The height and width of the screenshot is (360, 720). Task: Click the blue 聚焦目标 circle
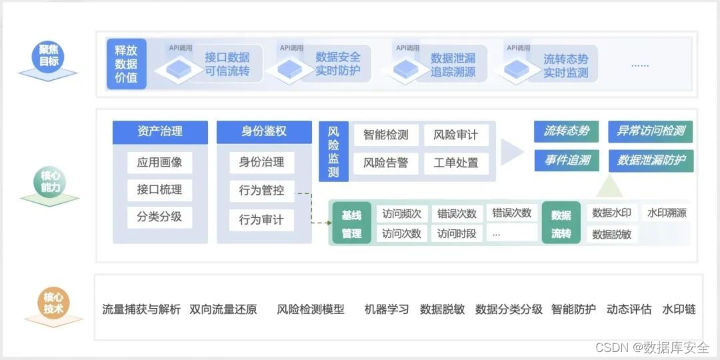[x=48, y=57]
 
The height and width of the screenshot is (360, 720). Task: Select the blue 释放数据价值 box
[x=126, y=64]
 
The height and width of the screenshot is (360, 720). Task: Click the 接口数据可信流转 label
[x=227, y=64]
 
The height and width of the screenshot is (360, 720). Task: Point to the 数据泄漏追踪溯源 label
[x=453, y=65]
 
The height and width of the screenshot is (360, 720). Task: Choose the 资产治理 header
[x=160, y=132]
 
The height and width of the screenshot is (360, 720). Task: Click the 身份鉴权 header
[x=264, y=132]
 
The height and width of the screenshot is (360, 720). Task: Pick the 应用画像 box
[x=160, y=163]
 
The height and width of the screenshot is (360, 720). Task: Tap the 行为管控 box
[x=262, y=191]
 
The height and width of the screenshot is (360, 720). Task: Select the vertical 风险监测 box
[x=334, y=151]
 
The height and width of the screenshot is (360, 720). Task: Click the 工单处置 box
[x=456, y=163]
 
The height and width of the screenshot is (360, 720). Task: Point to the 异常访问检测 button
[x=651, y=132]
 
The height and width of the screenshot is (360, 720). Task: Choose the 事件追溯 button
[x=567, y=160]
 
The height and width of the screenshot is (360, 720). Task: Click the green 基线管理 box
[x=352, y=223]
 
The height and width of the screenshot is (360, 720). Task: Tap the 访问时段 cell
[x=457, y=233]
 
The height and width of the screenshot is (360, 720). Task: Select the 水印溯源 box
[x=666, y=213]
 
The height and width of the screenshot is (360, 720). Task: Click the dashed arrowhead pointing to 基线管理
[x=329, y=223]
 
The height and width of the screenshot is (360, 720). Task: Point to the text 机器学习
[x=387, y=309]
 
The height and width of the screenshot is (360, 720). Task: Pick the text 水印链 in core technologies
[x=679, y=309]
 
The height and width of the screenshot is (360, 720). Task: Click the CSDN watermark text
[x=652, y=347]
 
